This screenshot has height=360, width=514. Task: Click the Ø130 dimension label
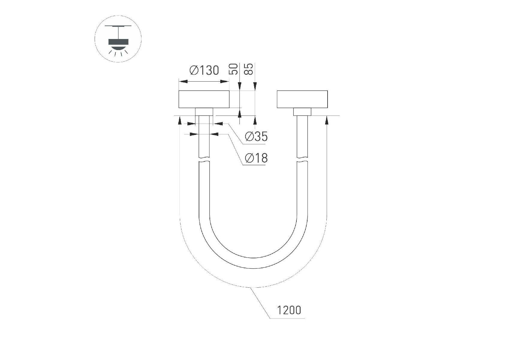(x=204, y=70)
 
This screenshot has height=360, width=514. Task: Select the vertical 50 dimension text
(x=234, y=69)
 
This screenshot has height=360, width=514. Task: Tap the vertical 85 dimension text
(x=249, y=69)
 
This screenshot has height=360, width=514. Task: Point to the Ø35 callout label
(x=256, y=136)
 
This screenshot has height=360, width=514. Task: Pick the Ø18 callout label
(x=256, y=158)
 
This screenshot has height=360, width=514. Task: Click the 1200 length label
(x=289, y=310)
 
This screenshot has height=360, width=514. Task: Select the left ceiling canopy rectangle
(x=204, y=99)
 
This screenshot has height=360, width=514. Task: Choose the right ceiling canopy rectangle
(x=302, y=99)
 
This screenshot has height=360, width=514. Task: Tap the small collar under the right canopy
(x=302, y=112)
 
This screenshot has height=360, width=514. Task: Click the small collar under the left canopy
(x=204, y=112)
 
